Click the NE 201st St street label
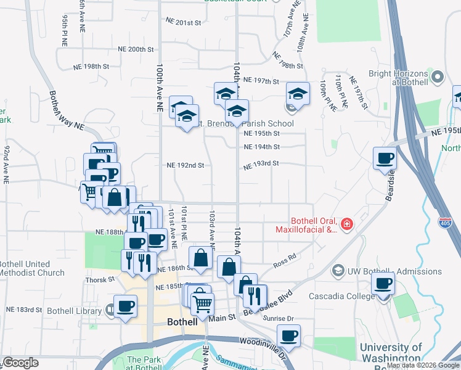pos(184,22)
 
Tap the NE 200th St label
pos(135,49)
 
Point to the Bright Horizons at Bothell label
pos(399,77)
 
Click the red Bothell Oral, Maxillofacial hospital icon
pos(348,224)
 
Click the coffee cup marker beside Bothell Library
pos(125,306)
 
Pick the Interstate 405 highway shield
pos(444,221)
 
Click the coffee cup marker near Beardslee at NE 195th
pos(385,158)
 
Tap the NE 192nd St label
pos(185,165)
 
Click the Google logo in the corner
pos(21,363)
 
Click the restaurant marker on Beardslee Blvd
pos(255,295)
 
